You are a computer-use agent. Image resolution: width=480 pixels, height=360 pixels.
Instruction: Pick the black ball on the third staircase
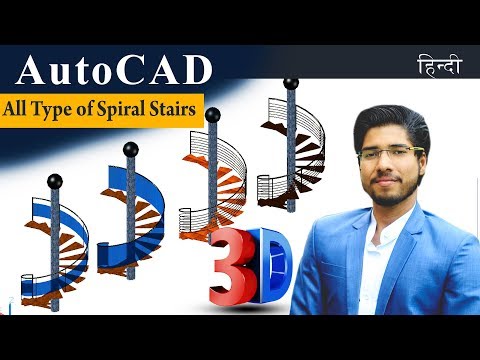click(212, 115)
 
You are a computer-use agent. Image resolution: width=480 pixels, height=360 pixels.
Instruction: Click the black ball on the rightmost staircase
click(291, 83)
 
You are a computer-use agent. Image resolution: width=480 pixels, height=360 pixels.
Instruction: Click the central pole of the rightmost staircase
click(291, 150)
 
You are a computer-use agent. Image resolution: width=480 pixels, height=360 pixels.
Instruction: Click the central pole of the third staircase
click(212, 180)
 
